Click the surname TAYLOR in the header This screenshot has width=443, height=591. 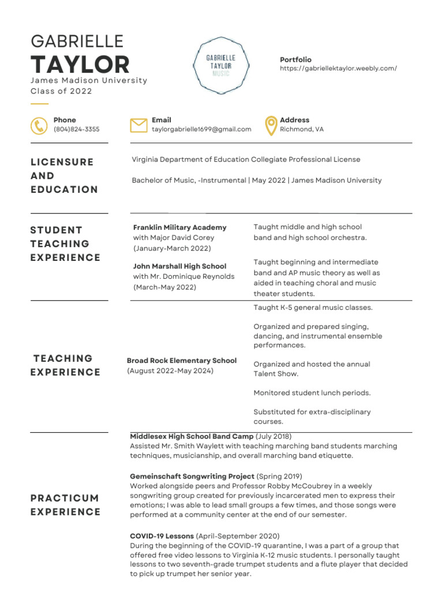click(x=80, y=64)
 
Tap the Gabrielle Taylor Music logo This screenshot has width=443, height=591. click(x=221, y=66)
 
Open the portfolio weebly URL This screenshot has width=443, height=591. click(x=338, y=68)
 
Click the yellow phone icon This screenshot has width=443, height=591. click(x=39, y=125)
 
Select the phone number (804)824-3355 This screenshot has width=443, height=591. click(x=76, y=129)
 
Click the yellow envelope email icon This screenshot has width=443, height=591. click(x=138, y=125)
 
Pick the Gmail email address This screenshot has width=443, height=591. click(x=201, y=129)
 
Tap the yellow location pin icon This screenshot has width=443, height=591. click(x=270, y=125)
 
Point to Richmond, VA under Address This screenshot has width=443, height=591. click(x=302, y=129)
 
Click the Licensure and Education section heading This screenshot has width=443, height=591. click(x=64, y=175)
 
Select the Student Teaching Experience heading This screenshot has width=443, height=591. click(x=65, y=244)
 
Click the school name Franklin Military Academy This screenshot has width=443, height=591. click(x=179, y=227)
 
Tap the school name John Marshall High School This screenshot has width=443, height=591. click(x=179, y=266)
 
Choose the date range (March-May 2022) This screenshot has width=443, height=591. click(x=164, y=287)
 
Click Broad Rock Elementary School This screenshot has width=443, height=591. click(x=182, y=361)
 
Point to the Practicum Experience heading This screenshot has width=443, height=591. click(x=65, y=505)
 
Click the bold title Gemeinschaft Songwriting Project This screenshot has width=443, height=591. click(x=192, y=476)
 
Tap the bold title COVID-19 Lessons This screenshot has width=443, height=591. click(x=162, y=536)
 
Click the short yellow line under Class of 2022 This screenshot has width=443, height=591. click(x=39, y=104)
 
